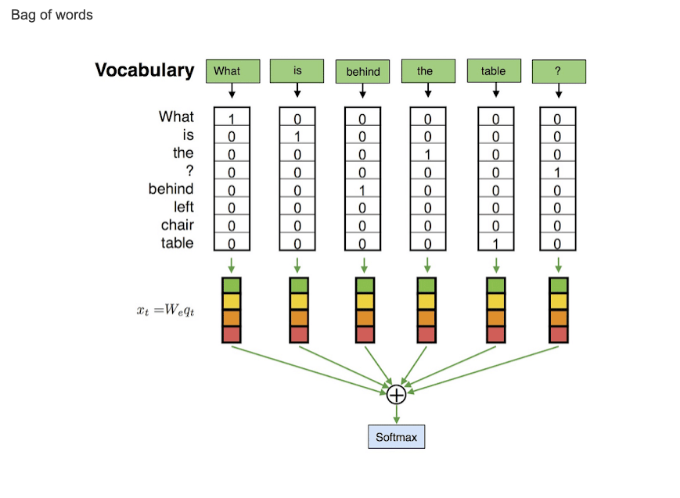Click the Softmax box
pyautogui.click(x=396, y=437)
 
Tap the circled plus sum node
pyautogui.click(x=396, y=394)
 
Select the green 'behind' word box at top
pyautogui.click(x=362, y=71)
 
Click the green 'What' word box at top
pyautogui.click(x=232, y=71)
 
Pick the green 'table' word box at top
pyautogui.click(x=493, y=70)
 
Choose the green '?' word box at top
pyautogui.click(x=558, y=71)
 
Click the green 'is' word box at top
pyautogui.click(x=297, y=70)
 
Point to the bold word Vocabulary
pyautogui.click(x=145, y=70)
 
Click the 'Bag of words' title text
pyautogui.click(x=52, y=15)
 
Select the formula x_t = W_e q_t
pyautogui.click(x=165, y=310)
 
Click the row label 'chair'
pyautogui.click(x=178, y=225)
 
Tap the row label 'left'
pyautogui.click(x=184, y=207)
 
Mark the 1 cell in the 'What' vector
pyautogui.click(x=232, y=119)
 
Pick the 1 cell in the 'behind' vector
pyautogui.click(x=362, y=190)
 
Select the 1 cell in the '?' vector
pyautogui.click(x=557, y=173)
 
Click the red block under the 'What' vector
pyautogui.click(x=232, y=335)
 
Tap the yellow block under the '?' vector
pyautogui.click(x=558, y=302)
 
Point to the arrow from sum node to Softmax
pyautogui.click(x=396, y=414)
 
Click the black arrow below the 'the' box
pyautogui.click(x=427, y=91)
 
